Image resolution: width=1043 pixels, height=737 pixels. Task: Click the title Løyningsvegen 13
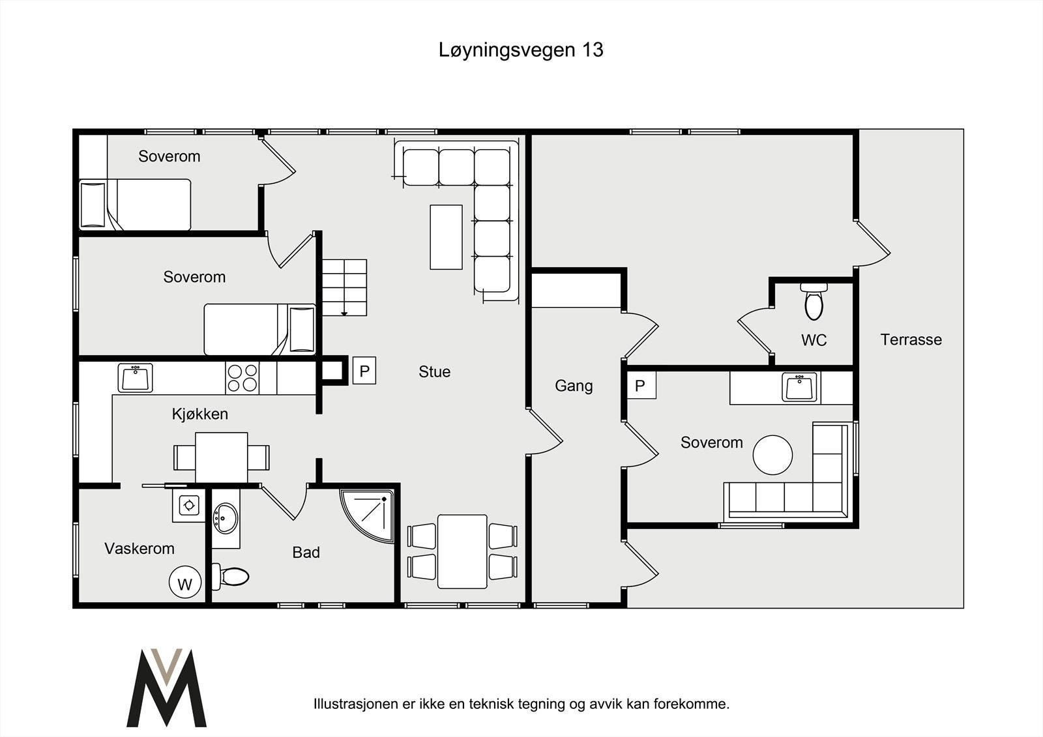pos(521,50)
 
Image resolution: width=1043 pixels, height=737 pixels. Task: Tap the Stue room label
pos(434,371)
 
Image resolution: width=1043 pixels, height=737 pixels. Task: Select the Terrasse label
pos(911,340)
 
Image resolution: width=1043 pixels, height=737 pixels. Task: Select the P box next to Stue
pos(364,371)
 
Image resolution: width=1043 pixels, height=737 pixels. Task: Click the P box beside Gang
pos(640,386)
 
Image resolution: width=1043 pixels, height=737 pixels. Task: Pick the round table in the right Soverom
pos(772,455)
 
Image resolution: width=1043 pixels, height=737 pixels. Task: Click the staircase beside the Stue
pos(344,287)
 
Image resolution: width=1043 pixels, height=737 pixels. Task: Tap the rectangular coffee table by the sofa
pos(446,237)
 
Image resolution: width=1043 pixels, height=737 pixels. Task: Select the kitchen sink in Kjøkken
pos(136,378)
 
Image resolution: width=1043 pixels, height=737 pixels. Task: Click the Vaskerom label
pos(140,549)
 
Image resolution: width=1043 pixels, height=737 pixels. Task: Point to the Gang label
pos(574,386)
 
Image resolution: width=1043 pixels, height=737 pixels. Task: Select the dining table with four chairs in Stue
pos(462,551)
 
